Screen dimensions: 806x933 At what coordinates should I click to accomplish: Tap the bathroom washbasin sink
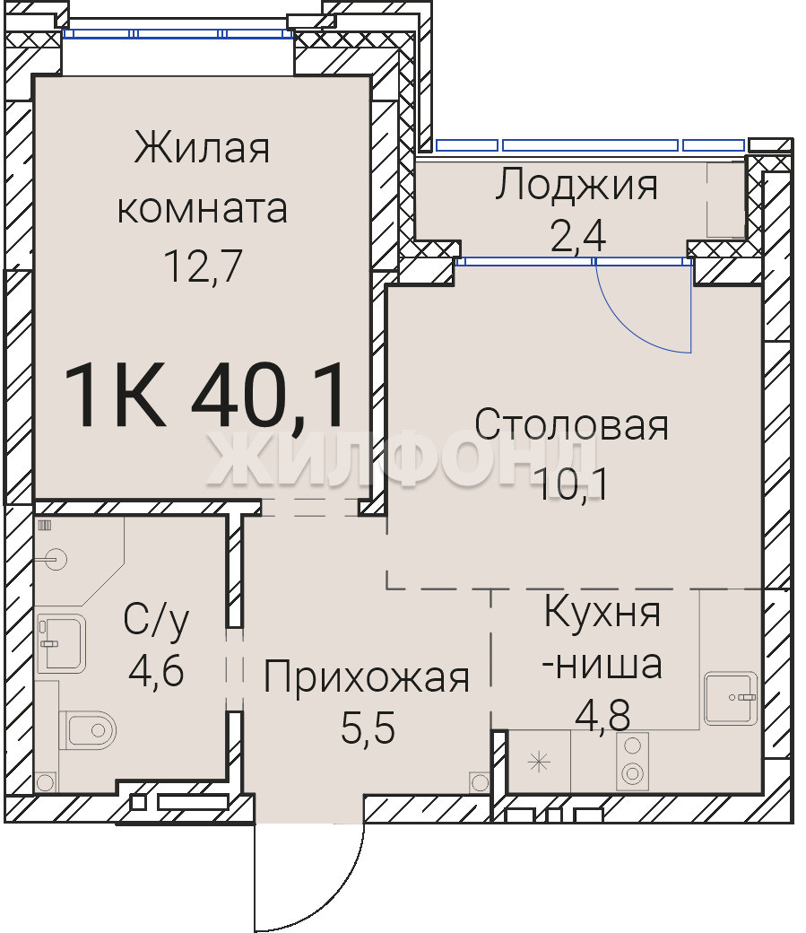click(x=61, y=644)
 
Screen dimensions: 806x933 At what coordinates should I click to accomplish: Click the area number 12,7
click(x=203, y=266)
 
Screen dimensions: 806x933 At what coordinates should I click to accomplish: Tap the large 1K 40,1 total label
click(x=204, y=395)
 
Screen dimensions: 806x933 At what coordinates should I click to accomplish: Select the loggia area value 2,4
click(x=578, y=236)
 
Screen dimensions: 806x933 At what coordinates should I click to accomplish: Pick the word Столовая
click(x=572, y=425)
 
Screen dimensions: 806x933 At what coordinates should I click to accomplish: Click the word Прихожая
click(x=367, y=677)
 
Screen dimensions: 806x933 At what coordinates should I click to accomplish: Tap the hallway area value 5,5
click(x=368, y=728)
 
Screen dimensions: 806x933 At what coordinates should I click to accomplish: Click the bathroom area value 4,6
click(x=156, y=671)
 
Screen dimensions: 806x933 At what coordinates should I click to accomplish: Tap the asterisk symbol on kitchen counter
click(x=539, y=763)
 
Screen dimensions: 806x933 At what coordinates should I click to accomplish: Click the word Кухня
click(x=602, y=611)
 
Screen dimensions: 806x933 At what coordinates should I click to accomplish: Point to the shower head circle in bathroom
click(x=57, y=559)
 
